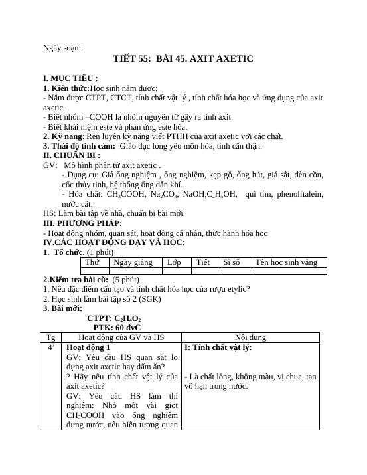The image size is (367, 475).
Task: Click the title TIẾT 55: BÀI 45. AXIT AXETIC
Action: tap(183, 59)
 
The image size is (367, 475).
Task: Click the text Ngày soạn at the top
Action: tap(62, 47)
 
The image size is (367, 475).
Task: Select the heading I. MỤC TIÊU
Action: tap(70, 78)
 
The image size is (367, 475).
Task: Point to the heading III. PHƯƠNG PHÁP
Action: tap(82, 223)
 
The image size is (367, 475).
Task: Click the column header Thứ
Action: tap(92, 262)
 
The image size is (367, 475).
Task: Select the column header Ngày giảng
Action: tap(133, 262)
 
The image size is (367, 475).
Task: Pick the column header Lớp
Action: tap(174, 262)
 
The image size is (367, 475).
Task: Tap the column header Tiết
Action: tap(203, 262)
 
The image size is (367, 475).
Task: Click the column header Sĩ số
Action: tap(232, 262)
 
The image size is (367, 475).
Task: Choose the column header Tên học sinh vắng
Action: tap(287, 262)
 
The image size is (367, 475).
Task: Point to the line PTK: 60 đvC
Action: tap(117, 328)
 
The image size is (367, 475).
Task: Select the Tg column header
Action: tap(51, 337)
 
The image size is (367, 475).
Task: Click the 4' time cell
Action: tap(51, 347)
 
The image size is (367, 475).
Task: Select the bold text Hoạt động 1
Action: tap(89, 347)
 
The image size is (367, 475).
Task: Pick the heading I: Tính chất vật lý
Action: tap(218, 347)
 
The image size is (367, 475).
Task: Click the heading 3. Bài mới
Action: tap(63, 308)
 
